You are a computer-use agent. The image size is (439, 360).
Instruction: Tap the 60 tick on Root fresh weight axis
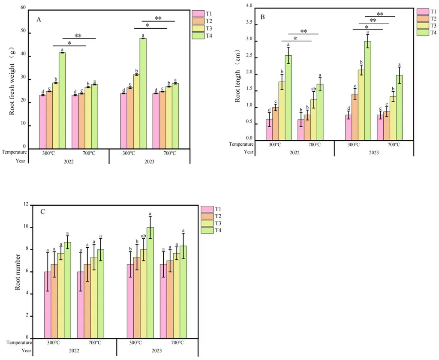[x=22, y=9]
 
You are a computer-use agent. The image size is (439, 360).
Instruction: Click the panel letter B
[x=263, y=17]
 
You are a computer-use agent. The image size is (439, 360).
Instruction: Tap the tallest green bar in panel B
[x=367, y=90]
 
